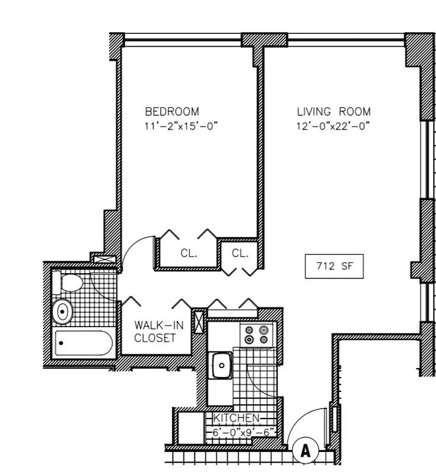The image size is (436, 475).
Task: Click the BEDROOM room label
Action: tap(172, 111)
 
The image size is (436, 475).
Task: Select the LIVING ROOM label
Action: tap(333, 111)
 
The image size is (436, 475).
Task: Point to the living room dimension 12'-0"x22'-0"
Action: tap(333, 126)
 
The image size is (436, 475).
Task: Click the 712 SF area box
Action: tap(333, 267)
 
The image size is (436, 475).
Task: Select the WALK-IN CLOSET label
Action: tap(155, 331)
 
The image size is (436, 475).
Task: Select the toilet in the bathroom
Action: tap(67, 281)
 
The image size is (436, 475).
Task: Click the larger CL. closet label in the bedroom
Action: tap(189, 253)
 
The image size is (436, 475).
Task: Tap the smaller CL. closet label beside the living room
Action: tap(240, 253)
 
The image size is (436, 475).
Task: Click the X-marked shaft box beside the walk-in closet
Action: tap(199, 318)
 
